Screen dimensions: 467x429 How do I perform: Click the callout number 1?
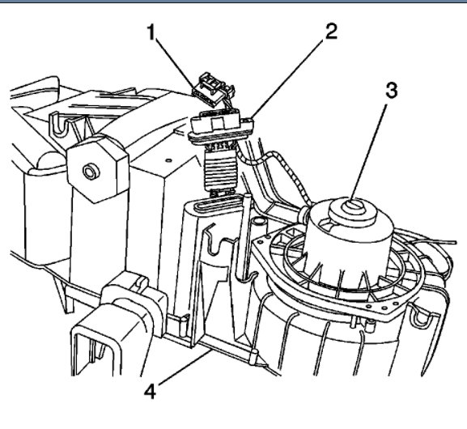tap(151, 32)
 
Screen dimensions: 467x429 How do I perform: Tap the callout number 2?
tap(331, 31)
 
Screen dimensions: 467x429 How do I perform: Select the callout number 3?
tap(392, 90)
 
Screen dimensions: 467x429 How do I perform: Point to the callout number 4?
tap(150, 391)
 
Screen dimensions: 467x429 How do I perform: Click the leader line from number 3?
tap(370, 152)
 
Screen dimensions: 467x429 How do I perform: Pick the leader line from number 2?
tap(287, 79)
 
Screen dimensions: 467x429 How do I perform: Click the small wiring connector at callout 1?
tap(213, 88)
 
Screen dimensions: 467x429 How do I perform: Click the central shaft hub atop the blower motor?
tap(353, 206)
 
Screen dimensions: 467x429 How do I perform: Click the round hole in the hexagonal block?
tap(89, 172)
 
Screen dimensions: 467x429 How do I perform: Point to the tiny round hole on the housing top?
tap(168, 160)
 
